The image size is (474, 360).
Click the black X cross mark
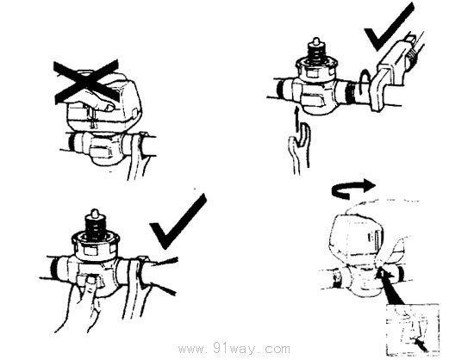tap(86, 81)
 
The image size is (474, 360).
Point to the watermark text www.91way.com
tap(234, 349)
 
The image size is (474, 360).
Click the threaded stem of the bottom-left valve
tap(95, 224)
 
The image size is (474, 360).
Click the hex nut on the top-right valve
tap(316, 71)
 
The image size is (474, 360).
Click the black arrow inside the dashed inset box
tap(421, 344)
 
